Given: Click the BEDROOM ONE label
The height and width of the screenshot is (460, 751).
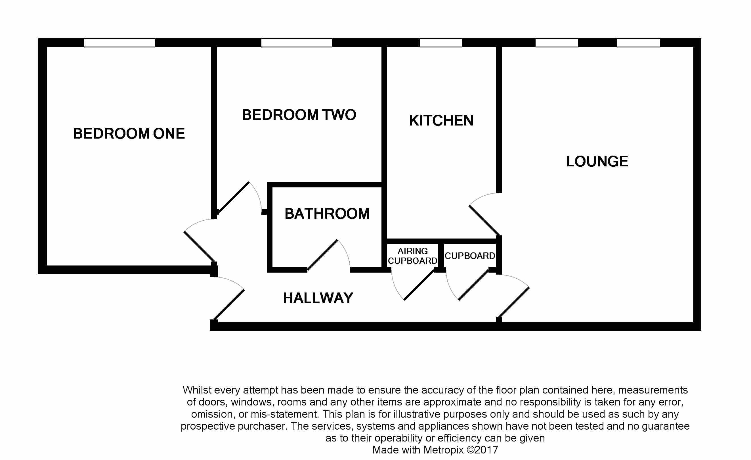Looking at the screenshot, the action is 129,133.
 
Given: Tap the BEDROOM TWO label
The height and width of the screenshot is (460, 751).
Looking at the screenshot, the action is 299,115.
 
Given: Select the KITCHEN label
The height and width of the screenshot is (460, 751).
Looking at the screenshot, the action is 441,120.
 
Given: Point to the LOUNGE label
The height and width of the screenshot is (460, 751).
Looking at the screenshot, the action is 597,161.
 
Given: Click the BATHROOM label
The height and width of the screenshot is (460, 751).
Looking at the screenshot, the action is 327,213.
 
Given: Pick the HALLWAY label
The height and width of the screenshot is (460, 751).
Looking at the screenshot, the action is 318,298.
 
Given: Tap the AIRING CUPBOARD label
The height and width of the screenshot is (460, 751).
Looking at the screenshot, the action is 412,256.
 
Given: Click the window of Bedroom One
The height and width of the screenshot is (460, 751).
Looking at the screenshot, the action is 120,43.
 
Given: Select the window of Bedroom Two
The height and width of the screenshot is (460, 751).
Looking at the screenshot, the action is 297,43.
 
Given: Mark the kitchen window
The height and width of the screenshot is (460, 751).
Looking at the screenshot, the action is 441,43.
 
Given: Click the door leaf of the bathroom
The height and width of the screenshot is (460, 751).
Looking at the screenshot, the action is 322,255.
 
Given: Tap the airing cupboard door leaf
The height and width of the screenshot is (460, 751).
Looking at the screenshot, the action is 419,285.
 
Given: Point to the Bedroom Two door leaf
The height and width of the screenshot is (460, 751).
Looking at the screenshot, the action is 234,197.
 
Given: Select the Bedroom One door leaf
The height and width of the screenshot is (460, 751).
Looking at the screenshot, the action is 200,247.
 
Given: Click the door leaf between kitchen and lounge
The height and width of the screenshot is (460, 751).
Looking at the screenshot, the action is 484,220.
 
